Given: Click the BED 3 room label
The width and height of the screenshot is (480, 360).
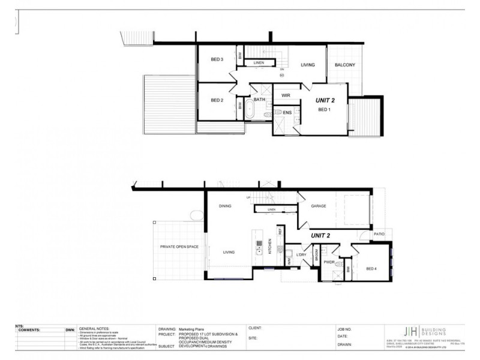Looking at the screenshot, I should click(x=217, y=59).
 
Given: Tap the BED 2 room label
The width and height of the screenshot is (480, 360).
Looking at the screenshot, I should click(x=217, y=100).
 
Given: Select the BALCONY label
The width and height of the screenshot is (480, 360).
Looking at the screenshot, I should click(x=345, y=65).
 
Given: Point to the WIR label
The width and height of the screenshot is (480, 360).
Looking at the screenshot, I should click(x=286, y=95).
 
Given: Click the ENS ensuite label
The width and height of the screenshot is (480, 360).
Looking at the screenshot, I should click(x=287, y=112).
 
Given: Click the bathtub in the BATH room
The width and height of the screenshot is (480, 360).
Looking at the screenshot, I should click(x=247, y=110).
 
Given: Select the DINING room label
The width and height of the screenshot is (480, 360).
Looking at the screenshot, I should click(x=225, y=206).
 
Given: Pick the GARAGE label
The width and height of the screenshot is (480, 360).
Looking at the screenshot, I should click(x=319, y=206).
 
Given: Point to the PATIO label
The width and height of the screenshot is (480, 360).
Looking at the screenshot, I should click(x=379, y=235).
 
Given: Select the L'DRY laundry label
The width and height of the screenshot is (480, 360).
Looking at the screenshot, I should click(x=301, y=256).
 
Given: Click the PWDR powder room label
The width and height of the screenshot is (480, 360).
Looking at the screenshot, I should click(x=329, y=262).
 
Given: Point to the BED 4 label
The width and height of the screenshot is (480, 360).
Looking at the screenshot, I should click(x=372, y=268).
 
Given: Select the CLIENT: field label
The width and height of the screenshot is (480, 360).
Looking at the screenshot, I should click(x=256, y=329).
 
